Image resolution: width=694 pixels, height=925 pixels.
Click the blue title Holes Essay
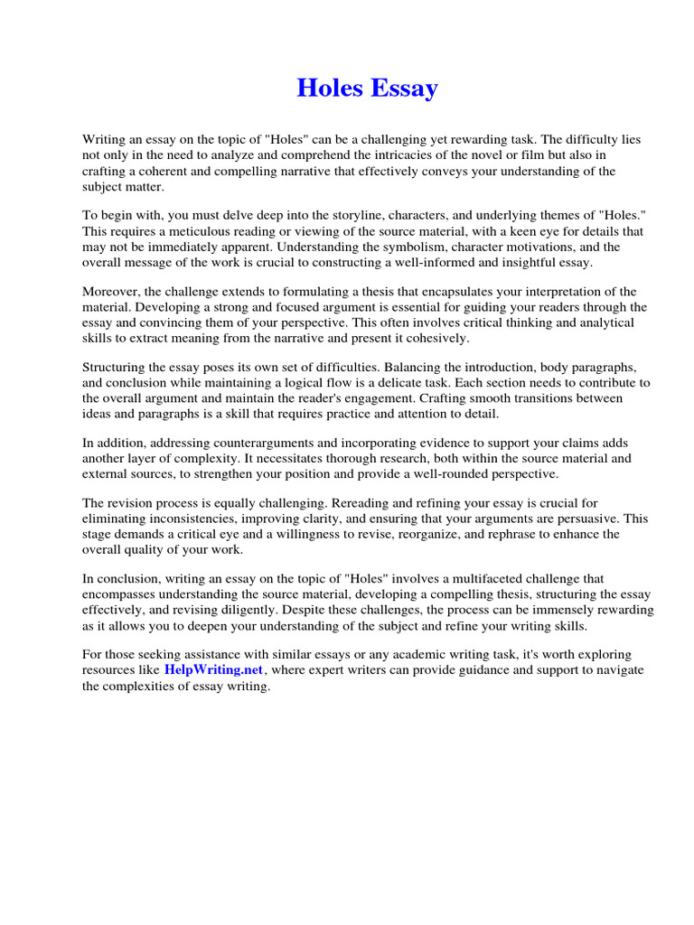coord(368,89)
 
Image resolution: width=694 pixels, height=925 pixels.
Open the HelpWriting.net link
coord(213,669)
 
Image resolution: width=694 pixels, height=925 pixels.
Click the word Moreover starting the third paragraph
coord(113,292)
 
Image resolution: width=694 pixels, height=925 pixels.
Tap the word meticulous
coord(203,230)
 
